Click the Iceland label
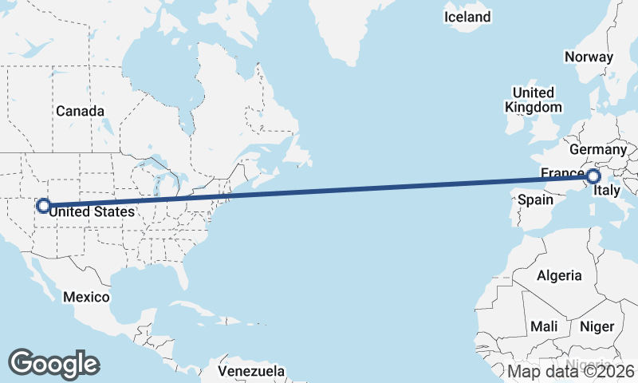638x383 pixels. click(x=468, y=17)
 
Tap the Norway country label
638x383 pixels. click(x=589, y=57)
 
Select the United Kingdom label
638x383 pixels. click(x=534, y=100)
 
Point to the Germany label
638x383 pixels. click(x=598, y=149)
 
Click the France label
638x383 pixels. click(x=561, y=174)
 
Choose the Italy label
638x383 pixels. click(x=608, y=191)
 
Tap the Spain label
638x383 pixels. click(x=535, y=199)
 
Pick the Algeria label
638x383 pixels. click(x=560, y=276)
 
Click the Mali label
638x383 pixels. click(x=545, y=326)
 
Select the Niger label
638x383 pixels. click(x=597, y=326)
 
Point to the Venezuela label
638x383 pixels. click(x=251, y=371)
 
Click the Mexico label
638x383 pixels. click(x=86, y=297)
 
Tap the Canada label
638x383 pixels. click(x=80, y=111)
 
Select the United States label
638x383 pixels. click(x=88, y=211)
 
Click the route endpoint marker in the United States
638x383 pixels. click(x=43, y=206)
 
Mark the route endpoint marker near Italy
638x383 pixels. click(x=594, y=176)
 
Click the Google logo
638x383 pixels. click(x=54, y=363)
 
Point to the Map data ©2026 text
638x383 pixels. click(x=571, y=371)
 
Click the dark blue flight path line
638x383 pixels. click(x=319, y=191)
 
